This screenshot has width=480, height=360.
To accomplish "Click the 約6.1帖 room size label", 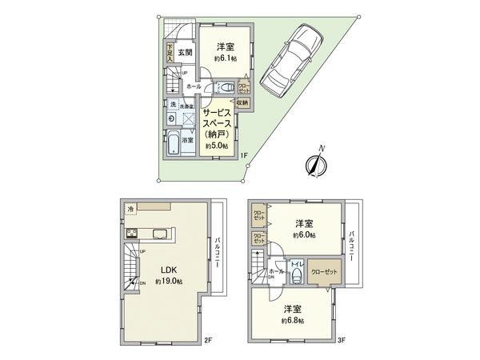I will click(223, 59).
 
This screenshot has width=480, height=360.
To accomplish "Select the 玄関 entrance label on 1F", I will click(185, 54).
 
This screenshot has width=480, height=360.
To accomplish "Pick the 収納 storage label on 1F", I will click(243, 102).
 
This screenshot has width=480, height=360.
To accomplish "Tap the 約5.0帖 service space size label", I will click(217, 147).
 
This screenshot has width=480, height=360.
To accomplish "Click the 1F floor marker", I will click(243, 155).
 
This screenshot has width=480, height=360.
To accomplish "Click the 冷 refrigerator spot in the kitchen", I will click(131, 209).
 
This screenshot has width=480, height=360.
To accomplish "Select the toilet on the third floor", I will click(297, 276).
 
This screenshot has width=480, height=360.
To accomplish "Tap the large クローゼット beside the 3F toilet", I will click(324, 271).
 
